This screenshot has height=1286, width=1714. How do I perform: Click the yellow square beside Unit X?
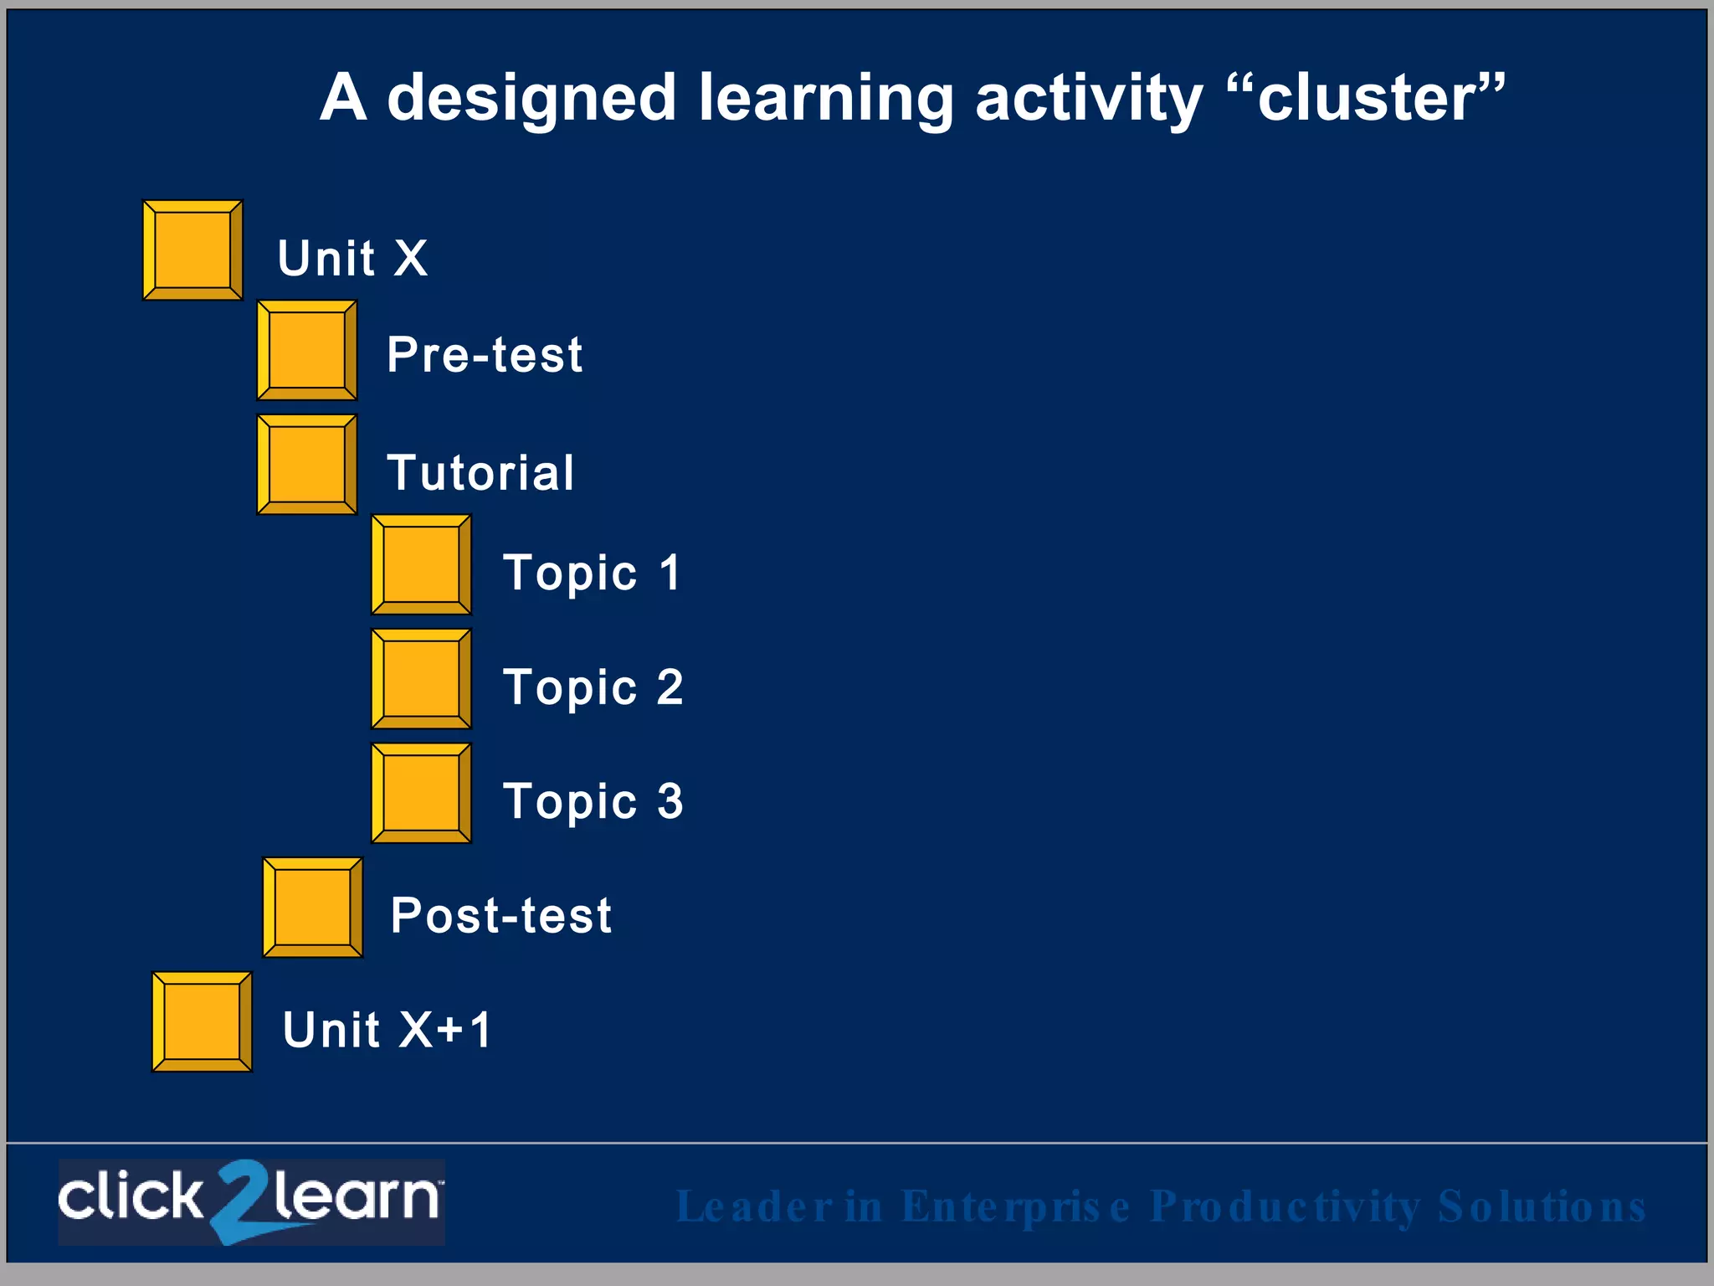192,250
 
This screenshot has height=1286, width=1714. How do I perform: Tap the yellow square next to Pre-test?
307,351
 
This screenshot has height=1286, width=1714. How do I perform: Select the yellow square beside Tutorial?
307,465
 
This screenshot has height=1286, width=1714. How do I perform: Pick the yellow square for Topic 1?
421,565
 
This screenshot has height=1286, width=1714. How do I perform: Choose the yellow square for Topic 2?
421,679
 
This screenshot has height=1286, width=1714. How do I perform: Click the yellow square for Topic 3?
421,793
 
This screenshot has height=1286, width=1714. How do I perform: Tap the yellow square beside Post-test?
312,908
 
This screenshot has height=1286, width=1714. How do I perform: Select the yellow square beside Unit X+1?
202,1021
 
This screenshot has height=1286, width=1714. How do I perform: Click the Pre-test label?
485,354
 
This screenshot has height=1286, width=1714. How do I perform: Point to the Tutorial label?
480,472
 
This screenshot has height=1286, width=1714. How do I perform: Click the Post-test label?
500,915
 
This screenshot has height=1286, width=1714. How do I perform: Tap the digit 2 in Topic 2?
670,687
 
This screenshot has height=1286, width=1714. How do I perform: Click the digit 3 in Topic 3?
670,801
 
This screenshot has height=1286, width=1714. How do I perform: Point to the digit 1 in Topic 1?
670,573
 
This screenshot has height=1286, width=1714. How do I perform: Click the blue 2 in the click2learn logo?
243,1201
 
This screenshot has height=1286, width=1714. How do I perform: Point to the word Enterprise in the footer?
1016,1207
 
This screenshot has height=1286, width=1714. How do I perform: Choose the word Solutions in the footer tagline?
1541,1207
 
